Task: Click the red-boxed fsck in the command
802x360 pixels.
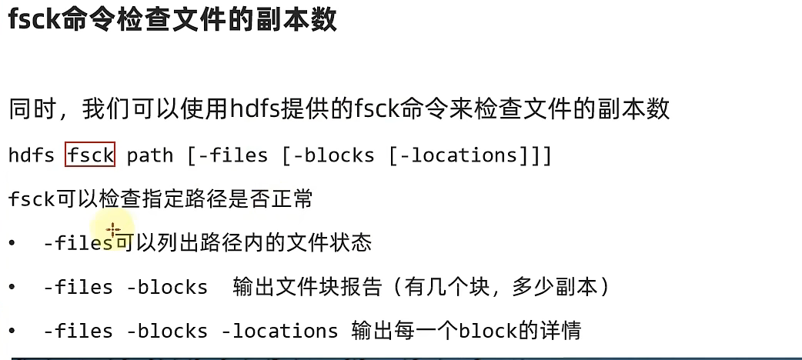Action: click(90, 155)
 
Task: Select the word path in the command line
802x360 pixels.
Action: click(150, 155)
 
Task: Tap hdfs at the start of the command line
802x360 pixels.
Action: click(31, 155)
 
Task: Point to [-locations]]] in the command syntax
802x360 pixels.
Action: click(470, 155)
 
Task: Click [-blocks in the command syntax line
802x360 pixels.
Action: click(329, 155)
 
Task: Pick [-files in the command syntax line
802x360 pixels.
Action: click(228, 155)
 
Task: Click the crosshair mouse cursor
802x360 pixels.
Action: click(113, 230)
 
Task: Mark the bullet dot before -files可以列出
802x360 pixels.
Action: click(12, 243)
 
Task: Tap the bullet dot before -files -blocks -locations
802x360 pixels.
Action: click(12, 332)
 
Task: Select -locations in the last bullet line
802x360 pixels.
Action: click(279, 332)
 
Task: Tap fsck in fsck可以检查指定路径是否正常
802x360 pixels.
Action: click(32, 199)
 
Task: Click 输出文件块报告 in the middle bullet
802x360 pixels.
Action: click(307, 287)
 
